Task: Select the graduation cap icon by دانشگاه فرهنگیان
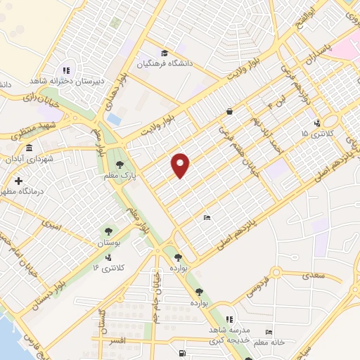165,53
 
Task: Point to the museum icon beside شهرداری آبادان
29,148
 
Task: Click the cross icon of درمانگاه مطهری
18,181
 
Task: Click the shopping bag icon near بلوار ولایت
230,111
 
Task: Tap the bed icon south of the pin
206,217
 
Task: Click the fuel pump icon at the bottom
182,352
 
